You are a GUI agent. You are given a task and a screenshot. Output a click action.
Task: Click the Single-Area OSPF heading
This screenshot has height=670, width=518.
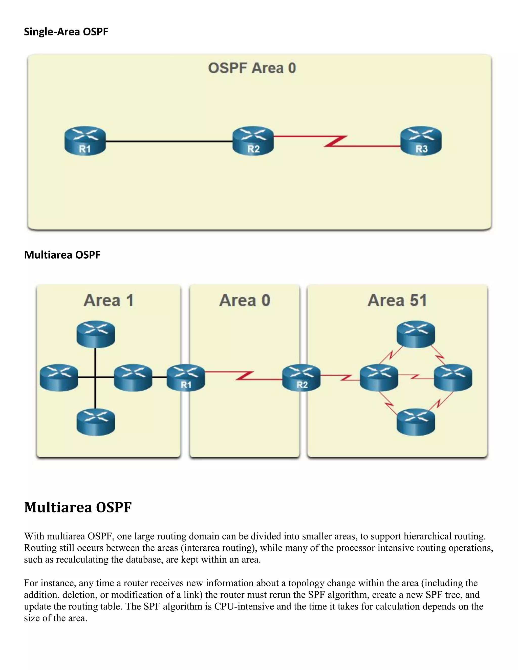pos(66,32)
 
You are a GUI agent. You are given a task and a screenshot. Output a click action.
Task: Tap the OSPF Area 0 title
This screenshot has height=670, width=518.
pos(252,68)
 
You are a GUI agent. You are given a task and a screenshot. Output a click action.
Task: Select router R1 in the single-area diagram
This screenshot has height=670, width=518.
pos(85,141)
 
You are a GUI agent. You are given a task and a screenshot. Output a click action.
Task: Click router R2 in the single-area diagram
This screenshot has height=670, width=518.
pos(253,141)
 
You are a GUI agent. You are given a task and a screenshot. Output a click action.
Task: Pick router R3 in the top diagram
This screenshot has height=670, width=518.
pos(421,141)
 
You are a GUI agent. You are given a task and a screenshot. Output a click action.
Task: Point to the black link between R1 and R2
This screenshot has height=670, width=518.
pos(169,141)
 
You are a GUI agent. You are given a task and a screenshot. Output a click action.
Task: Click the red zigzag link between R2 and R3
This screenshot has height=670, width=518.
pos(336,141)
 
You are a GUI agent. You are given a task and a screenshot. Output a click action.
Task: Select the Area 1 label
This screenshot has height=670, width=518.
pos(109,300)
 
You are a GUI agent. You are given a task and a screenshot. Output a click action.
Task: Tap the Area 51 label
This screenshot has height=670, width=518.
pos(397,300)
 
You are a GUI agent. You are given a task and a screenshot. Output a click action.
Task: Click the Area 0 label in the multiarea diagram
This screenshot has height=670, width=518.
pos(245,300)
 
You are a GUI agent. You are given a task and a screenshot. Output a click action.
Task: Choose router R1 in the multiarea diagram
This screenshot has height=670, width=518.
pos(186,378)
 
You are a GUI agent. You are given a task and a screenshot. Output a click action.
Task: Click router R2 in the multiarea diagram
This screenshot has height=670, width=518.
pos(301,378)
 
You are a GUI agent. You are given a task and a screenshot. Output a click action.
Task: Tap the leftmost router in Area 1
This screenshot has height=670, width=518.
pos(59,378)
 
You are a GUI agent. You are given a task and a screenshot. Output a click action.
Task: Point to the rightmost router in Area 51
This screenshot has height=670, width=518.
pos(453,378)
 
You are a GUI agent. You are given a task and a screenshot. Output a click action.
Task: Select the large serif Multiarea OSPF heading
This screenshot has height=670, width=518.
pos(78,507)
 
